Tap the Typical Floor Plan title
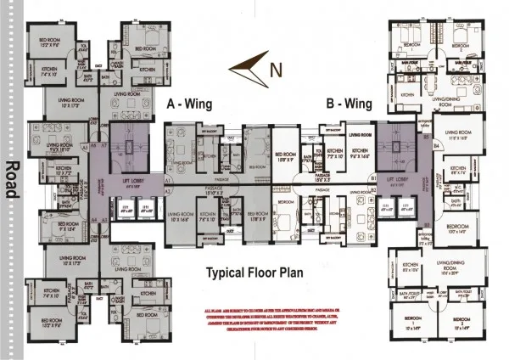[255, 273]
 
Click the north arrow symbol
[247, 60]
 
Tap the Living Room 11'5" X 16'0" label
[461, 132]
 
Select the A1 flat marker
[167, 181]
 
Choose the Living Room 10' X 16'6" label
[182, 216]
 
